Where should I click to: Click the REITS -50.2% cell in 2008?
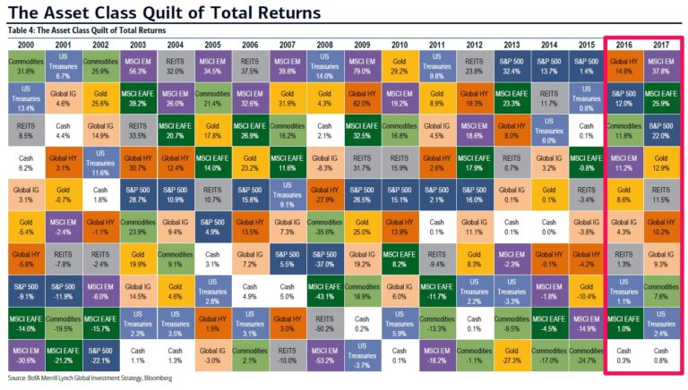[x=323, y=326]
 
